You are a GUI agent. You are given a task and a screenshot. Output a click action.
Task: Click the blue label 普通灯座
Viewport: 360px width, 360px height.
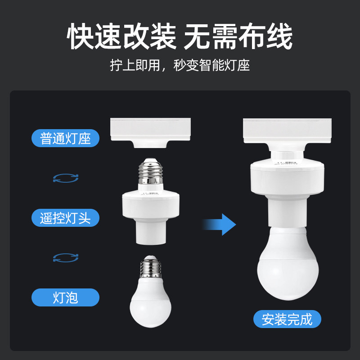pyautogui.click(x=65, y=138)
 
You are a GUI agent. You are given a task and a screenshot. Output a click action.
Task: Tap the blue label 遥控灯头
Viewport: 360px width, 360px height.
pyautogui.click(x=65, y=218)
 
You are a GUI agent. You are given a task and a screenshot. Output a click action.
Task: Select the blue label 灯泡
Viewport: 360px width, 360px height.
pyautogui.click(x=65, y=297)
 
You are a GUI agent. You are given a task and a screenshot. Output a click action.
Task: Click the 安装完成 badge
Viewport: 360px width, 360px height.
pyautogui.click(x=287, y=319)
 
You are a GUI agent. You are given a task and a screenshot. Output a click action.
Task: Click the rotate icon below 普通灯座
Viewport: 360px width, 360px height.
pyautogui.click(x=66, y=178)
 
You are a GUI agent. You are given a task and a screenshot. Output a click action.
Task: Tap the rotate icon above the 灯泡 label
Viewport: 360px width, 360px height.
pyautogui.click(x=66, y=257)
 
